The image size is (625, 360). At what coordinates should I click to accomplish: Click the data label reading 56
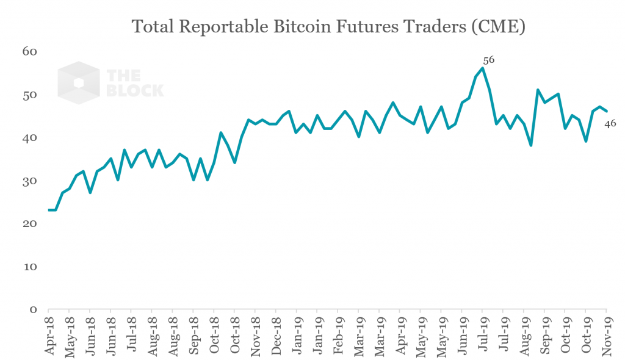click(x=488, y=60)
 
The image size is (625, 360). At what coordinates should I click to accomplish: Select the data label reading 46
click(x=610, y=124)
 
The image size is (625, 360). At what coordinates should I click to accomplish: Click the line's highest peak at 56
click(x=483, y=68)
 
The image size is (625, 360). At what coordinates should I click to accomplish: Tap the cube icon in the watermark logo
click(x=78, y=83)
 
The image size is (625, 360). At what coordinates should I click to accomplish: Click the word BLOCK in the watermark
click(x=135, y=90)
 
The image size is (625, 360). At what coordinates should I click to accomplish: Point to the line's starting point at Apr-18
click(x=49, y=210)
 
